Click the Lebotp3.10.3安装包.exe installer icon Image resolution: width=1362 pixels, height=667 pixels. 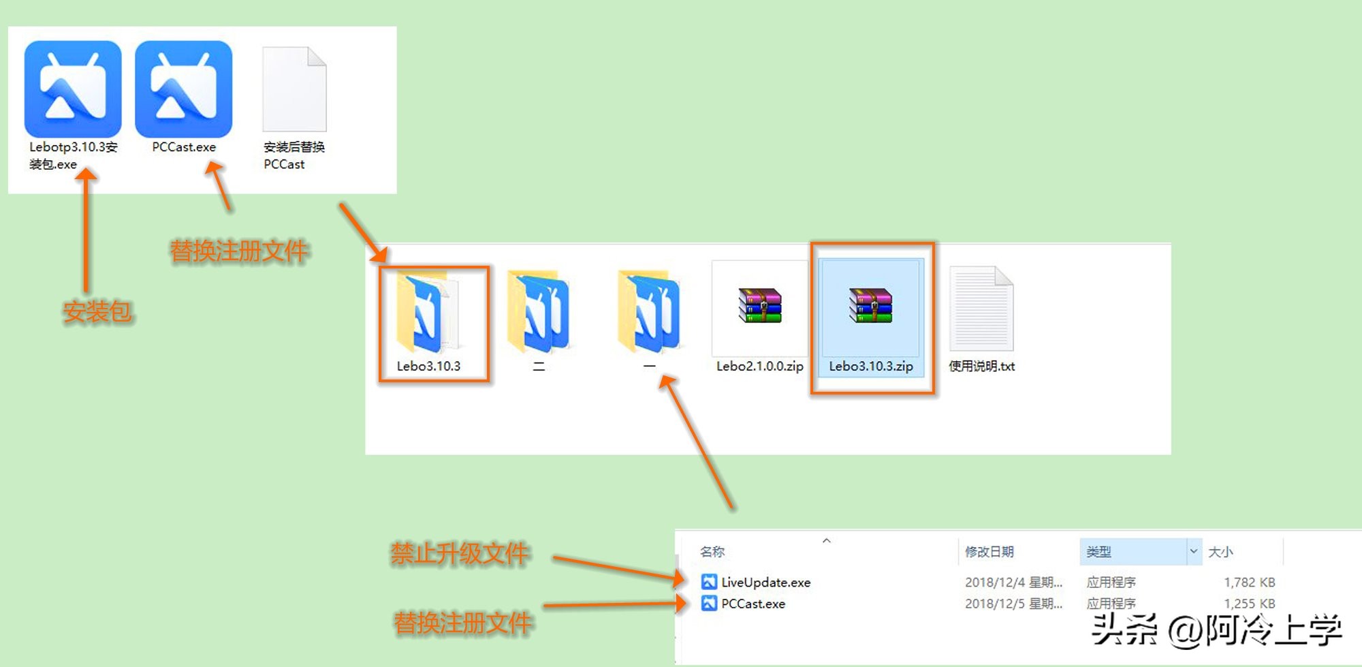pos(73,89)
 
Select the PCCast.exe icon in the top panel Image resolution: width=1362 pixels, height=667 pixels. pos(184,89)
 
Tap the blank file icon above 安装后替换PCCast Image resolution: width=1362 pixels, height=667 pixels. pos(294,89)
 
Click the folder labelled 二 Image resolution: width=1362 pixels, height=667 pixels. pos(539,313)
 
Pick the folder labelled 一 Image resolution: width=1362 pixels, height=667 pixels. pos(649,313)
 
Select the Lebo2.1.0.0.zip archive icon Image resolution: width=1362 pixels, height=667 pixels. pos(760,305)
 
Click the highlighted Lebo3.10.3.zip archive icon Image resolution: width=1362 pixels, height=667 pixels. pos(870,305)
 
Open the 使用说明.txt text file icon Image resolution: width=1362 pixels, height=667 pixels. pos(981,309)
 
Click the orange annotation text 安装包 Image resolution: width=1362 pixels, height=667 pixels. pos(97,312)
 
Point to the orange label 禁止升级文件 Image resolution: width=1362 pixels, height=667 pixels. pos(460,554)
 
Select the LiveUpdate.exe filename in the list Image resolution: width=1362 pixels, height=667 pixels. pos(765,583)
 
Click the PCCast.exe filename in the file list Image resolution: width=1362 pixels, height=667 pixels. pos(753,604)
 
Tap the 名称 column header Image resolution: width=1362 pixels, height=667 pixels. pos(712,552)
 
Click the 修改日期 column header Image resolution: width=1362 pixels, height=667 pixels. pos(989,552)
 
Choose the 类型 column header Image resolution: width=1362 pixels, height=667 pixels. pos(1098,552)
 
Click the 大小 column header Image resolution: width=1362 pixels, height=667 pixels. pos(1220,552)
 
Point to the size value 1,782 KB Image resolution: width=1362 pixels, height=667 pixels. pos(1249,583)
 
